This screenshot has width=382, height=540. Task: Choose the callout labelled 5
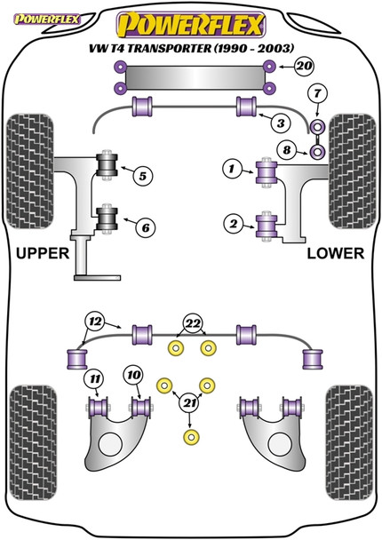(142, 176)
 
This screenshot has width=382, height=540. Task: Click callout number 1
(142, 227)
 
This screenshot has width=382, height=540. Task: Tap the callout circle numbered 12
(93, 321)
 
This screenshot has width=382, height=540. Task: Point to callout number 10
(133, 377)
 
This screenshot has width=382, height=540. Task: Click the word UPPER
(43, 254)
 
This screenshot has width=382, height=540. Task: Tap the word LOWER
(335, 254)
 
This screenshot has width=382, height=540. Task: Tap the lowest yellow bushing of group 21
(187, 438)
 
